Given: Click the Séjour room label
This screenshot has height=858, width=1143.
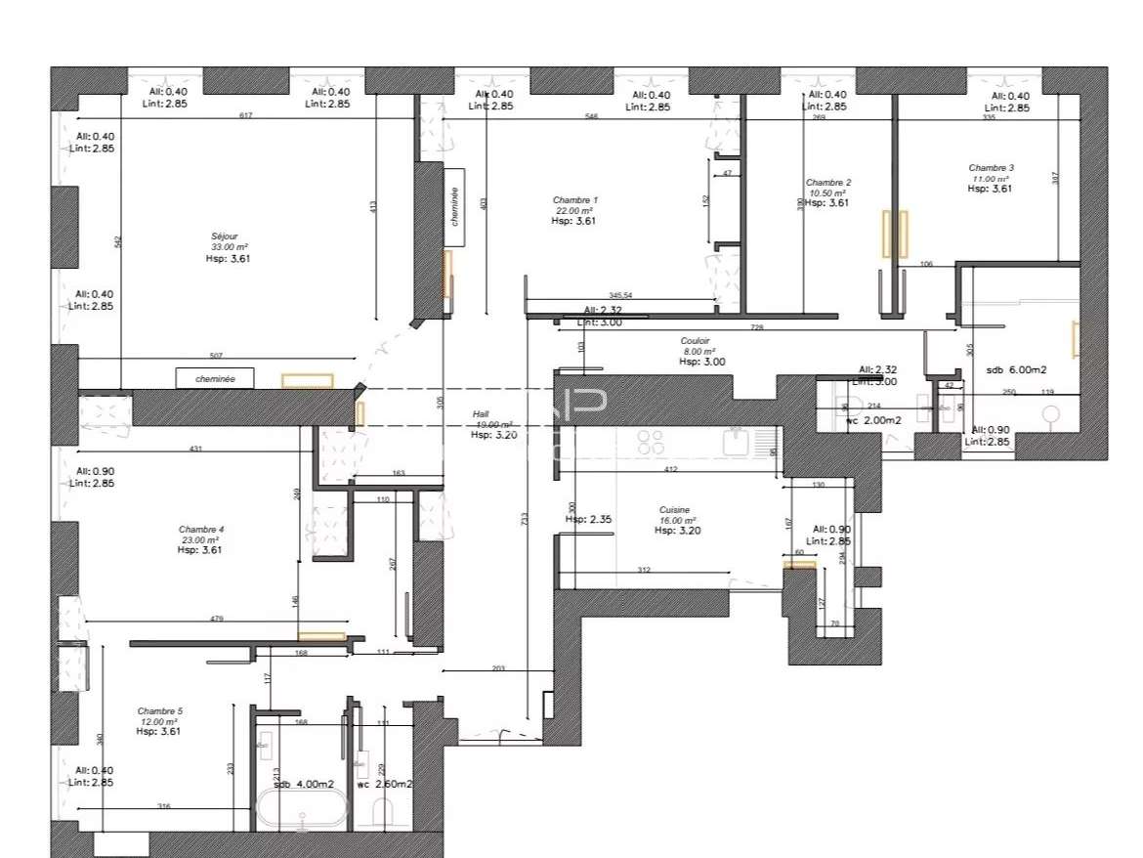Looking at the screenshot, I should tap(223, 236).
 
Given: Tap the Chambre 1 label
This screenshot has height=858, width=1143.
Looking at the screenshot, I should tap(574, 200).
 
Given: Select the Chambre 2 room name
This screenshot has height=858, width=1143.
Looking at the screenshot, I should tap(827, 183).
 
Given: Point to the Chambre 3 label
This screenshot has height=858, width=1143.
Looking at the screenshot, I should tap(991, 168).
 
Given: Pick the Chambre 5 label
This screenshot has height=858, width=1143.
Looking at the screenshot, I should tap(159, 710).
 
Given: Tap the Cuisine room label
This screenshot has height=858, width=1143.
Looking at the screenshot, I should tap(674, 510).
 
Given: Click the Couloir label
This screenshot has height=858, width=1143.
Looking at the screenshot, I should tap(695, 341).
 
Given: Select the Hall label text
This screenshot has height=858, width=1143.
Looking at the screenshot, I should tap(481, 414).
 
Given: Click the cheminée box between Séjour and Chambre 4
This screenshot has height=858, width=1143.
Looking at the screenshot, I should tap(215, 378).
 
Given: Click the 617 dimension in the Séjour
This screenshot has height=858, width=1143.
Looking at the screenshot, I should tap(245, 116).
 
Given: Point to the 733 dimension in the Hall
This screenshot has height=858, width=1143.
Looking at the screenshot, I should tap(526, 520).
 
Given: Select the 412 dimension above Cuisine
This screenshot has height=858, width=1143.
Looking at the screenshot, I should tap(671, 470).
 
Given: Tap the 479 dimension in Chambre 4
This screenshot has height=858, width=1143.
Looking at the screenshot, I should tap(217, 618).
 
